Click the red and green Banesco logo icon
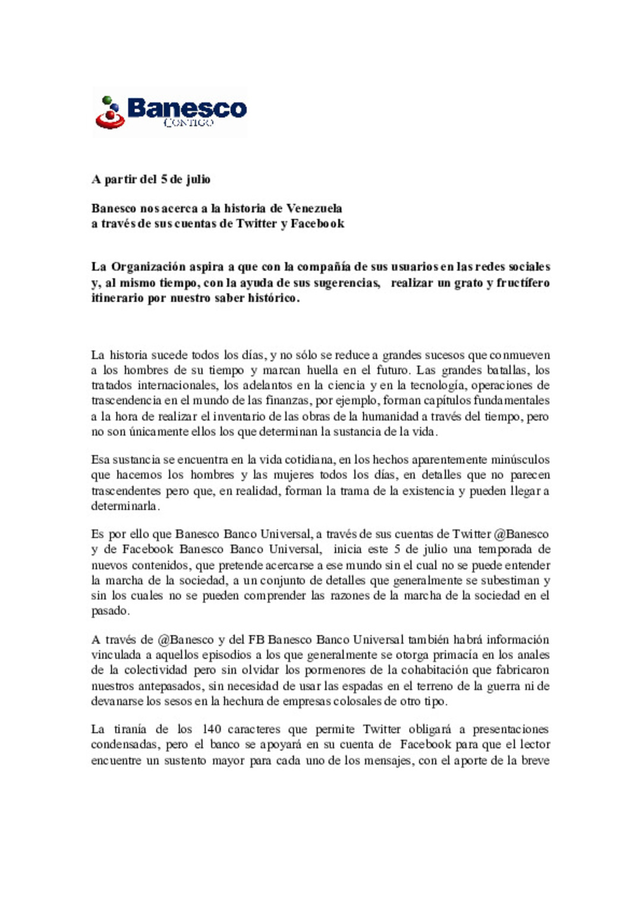[x=110, y=112]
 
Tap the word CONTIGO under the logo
[x=188, y=123]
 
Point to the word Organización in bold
[x=149, y=267]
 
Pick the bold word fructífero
[x=523, y=283]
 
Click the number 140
[x=212, y=729]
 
